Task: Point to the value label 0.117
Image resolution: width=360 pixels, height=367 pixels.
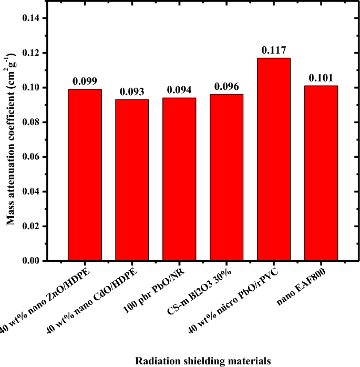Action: (x=274, y=51)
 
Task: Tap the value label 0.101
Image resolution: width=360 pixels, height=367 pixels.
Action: (x=320, y=78)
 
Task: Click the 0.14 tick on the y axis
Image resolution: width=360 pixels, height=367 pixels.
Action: (x=34, y=18)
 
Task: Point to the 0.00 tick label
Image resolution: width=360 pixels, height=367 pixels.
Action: (x=34, y=261)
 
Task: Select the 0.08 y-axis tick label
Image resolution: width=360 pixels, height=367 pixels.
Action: (x=34, y=122)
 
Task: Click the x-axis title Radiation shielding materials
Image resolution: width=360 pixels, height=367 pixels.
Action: (x=203, y=360)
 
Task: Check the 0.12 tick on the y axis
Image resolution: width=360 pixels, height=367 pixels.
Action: (x=34, y=53)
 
